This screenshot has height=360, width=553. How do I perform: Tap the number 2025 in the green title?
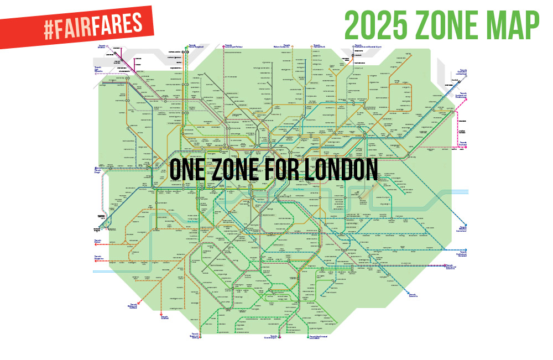point(377,23)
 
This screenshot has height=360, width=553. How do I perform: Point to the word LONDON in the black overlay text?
point(338,169)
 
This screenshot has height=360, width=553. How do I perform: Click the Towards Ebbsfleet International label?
point(462,229)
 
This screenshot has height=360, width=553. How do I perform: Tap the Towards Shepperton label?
point(99,257)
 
